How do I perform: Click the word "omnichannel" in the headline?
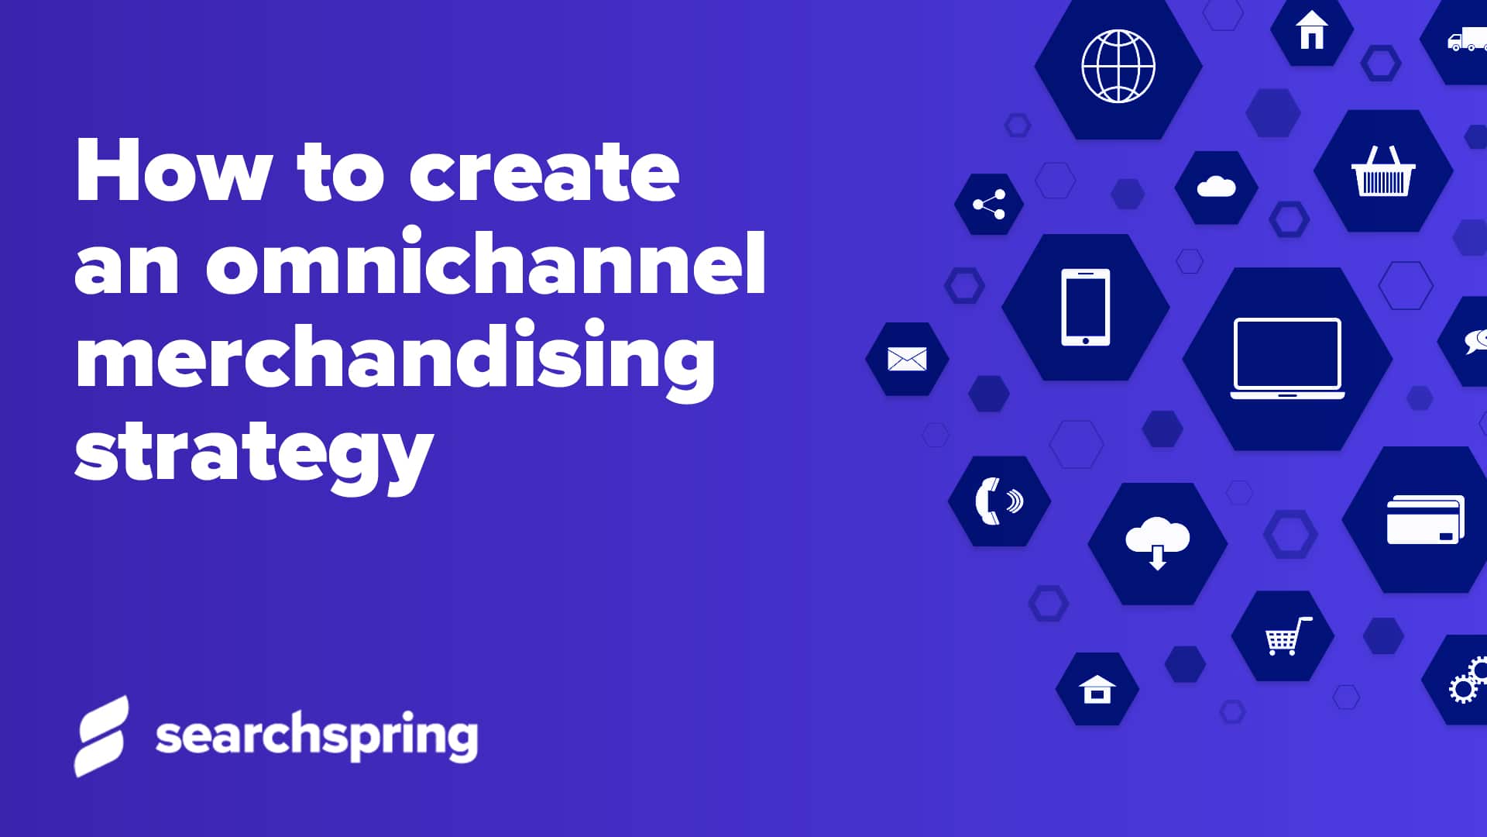(x=486, y=263)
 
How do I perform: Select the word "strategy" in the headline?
(x=253, y=453)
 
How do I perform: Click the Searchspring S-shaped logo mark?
(x=101, y=735)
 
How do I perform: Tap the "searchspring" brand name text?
(x=316, y=735)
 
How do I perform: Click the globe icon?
(x=1118, y=67)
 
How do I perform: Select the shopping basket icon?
(x=1382, y=171)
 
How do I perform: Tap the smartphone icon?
(x=1085, y=307)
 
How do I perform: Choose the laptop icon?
(x=1287, y=358)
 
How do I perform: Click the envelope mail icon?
(x=907, y=359)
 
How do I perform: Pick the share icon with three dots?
(x=989, y=205)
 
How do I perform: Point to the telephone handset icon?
(x=998, y=501)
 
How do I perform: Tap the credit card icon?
(x=1425, y=519)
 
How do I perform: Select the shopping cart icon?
(x=1286, y=636)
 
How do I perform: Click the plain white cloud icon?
(x=1216, y=188)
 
